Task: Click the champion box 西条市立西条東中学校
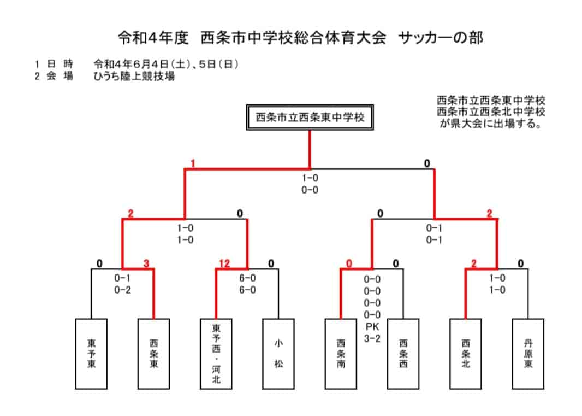[x=310, y=117]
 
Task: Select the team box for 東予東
[x=91, y=354]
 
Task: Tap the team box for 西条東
[x=153, y=354]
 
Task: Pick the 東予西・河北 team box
[x=216, y=354]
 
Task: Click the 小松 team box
[x=278, y=354]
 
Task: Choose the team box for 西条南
[x=341, y=354]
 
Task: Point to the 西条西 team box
[x=403, y=354]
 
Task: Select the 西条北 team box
[x=466, y=354]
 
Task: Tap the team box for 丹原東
[x=528, y=354]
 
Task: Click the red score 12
[x=224, y=263]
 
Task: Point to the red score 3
[x=146, y=263]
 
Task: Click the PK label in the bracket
[x=372, y=327]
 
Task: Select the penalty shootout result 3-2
[x=372, y=339]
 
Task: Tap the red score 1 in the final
[x=193, y=163]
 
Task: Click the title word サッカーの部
[x=441, y=38]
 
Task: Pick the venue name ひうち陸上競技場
[x=134, y=76]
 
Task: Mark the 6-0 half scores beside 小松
[x=247, y=284]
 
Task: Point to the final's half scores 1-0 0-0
[x=310, y=184]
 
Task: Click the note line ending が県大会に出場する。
[x=491, y=124]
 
